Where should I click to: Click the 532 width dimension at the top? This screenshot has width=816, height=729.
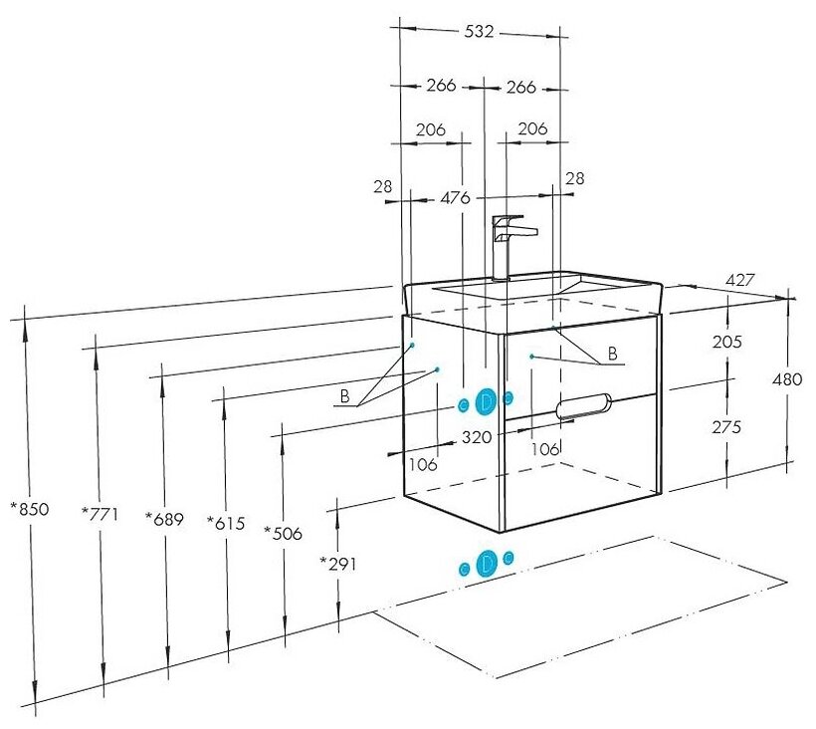[x=479, y=32]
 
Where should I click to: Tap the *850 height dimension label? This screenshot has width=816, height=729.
[x=29, y=509]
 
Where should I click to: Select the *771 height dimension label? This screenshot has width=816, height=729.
[x=99, y=514]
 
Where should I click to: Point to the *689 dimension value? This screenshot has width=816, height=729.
[x=164, y=518]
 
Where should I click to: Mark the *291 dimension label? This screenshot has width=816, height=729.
[x=337, y=564]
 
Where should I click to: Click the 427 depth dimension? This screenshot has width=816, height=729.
[x=738, y=281]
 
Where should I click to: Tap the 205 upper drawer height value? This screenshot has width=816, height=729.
[x=728, y=342]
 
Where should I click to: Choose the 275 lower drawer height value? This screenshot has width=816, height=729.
[x=728, y=427]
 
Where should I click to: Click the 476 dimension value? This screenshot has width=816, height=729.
[x=454, y=197]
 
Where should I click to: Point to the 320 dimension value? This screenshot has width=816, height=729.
[x=478, y=435]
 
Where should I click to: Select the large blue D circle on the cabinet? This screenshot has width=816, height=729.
[x=486, y=401]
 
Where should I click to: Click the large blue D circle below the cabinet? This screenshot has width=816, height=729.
[x=487, y=564]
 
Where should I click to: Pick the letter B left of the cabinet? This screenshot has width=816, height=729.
[x=345, y=396]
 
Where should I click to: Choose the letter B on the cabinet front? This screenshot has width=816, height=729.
[x=612, y=353]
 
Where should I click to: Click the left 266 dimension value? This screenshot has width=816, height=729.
[x=441, y=87]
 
